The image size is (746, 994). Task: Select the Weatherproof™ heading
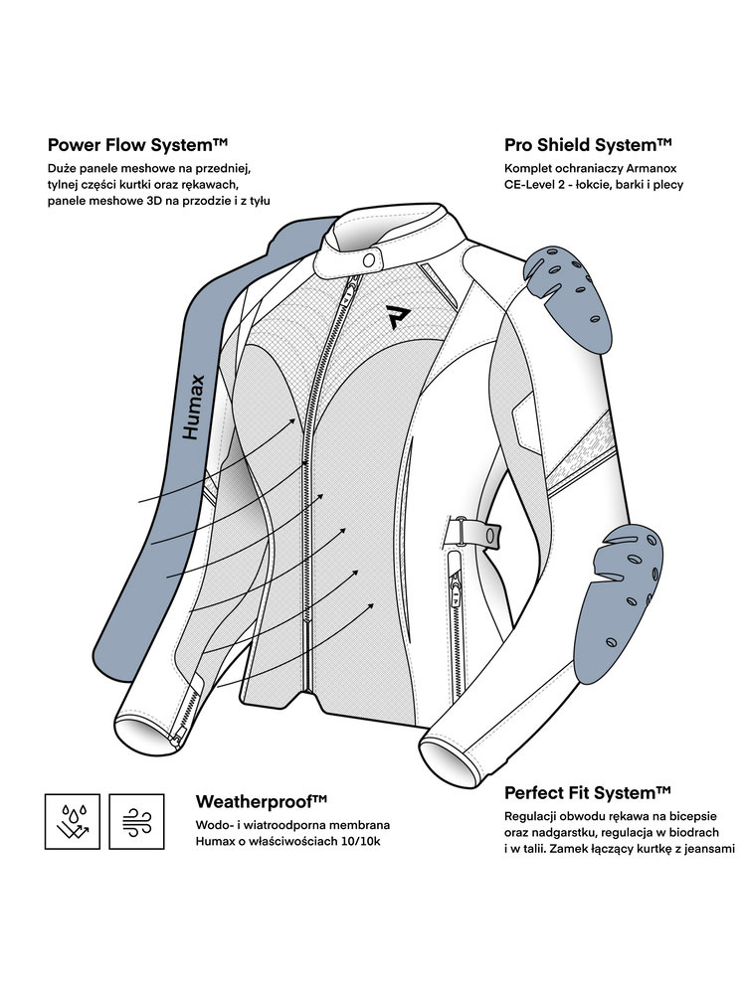pyautogui.click(x=262, y=801)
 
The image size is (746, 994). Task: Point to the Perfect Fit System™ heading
pyautogui.click(x=588, y=792)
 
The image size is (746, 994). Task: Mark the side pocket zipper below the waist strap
pyautogui.click(x=455, y=592)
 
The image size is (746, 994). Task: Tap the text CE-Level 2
pyautogui.click(x=543, y=185)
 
